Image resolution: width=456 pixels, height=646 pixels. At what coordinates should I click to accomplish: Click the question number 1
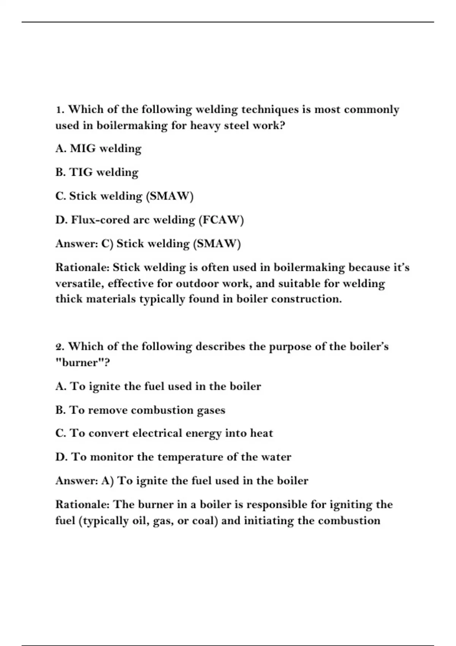[x=59, y=110]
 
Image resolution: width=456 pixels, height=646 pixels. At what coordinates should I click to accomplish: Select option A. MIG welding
[x=98, y=149]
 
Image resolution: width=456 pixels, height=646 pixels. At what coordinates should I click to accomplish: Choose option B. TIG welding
[x=97, y=173]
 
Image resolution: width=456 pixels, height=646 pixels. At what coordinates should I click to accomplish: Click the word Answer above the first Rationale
[x=76, y=244]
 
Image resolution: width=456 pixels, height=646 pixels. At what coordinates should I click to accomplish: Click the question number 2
[x=59, y=347]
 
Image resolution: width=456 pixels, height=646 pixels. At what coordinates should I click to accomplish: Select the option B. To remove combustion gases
[x=140, y=410]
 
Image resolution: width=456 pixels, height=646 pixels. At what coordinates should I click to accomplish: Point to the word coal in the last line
[x=205, y=521]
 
